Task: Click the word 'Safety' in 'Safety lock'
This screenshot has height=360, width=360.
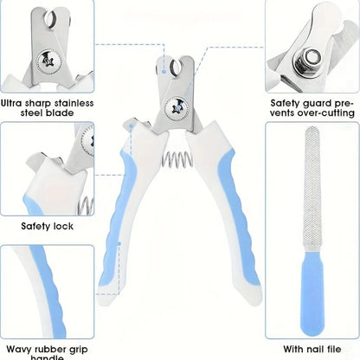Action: [35, 226]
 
